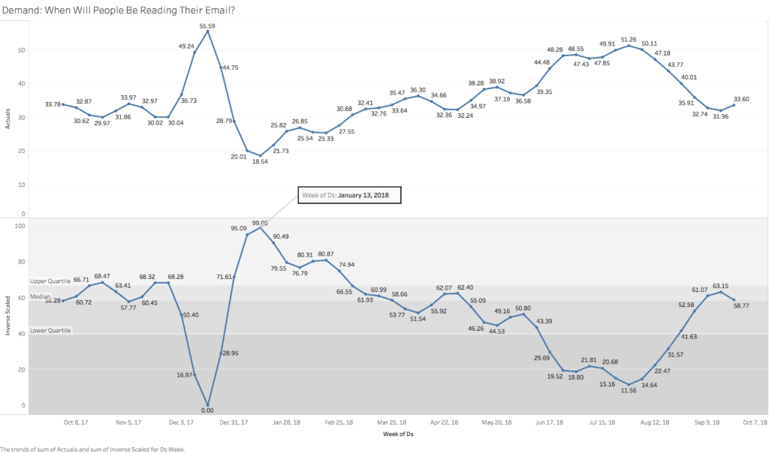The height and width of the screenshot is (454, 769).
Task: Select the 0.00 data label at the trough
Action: point(208,410)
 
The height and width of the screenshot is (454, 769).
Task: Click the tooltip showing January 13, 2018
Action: point(350,195)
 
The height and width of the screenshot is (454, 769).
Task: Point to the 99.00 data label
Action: point(261,224)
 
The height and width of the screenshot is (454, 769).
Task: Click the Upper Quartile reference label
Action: point(51,281)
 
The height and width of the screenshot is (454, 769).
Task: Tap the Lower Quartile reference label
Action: point(51,330)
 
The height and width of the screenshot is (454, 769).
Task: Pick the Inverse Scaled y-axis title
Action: point(8,314)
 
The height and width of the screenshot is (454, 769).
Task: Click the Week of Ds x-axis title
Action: point(399,434)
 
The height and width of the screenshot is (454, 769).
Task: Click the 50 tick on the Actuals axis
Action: point(22,50)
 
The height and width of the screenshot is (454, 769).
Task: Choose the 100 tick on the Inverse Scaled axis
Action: point(20,225)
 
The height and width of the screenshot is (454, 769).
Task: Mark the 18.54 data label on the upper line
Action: point(261,162)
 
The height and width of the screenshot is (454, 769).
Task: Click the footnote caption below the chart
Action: point(92,449)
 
